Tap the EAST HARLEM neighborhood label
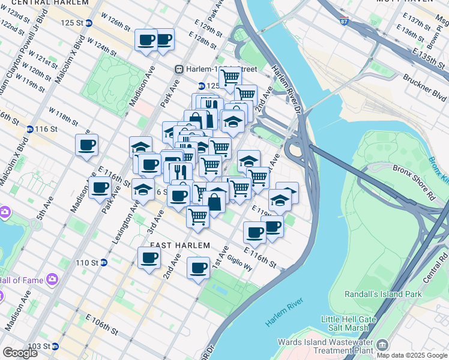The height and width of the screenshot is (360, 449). [180, 245]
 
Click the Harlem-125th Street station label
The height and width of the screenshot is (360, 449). [212, 69]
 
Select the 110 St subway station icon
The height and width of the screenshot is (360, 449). [103, 262]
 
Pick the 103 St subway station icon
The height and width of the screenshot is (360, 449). [55, 346]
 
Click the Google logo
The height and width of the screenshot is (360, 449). [20, 353]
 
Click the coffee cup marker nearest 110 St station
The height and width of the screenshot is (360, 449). [149, 257]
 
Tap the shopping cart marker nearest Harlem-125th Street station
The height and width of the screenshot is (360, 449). [229, 77]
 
